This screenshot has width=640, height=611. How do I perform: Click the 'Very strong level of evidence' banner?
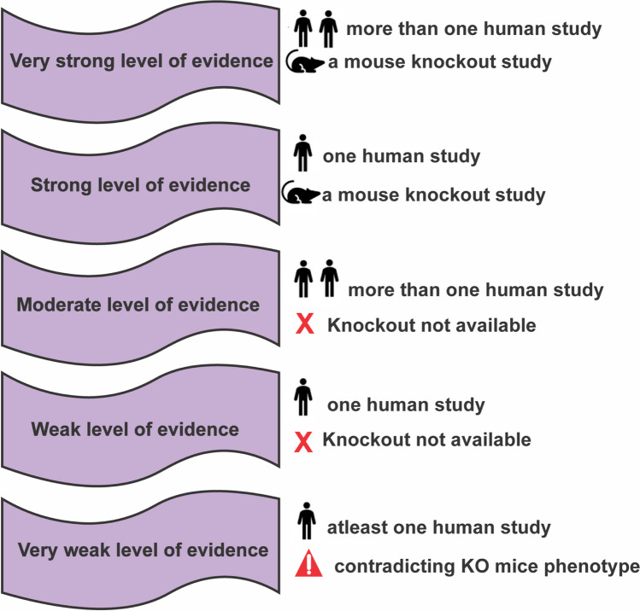click(141, 61)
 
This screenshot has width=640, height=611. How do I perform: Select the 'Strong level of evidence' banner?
click(141, 185)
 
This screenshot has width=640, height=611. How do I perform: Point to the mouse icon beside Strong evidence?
click(302, 195)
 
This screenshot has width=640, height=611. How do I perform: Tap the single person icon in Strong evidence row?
click(302, 157)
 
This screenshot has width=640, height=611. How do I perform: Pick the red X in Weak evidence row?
click(302, 442)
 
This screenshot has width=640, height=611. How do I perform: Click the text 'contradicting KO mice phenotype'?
click(486, 566)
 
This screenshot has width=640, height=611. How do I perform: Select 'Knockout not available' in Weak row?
click(426, 440)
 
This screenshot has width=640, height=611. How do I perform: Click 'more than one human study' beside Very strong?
click(473, 30)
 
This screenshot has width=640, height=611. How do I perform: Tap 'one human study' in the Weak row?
click(406, 404)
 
